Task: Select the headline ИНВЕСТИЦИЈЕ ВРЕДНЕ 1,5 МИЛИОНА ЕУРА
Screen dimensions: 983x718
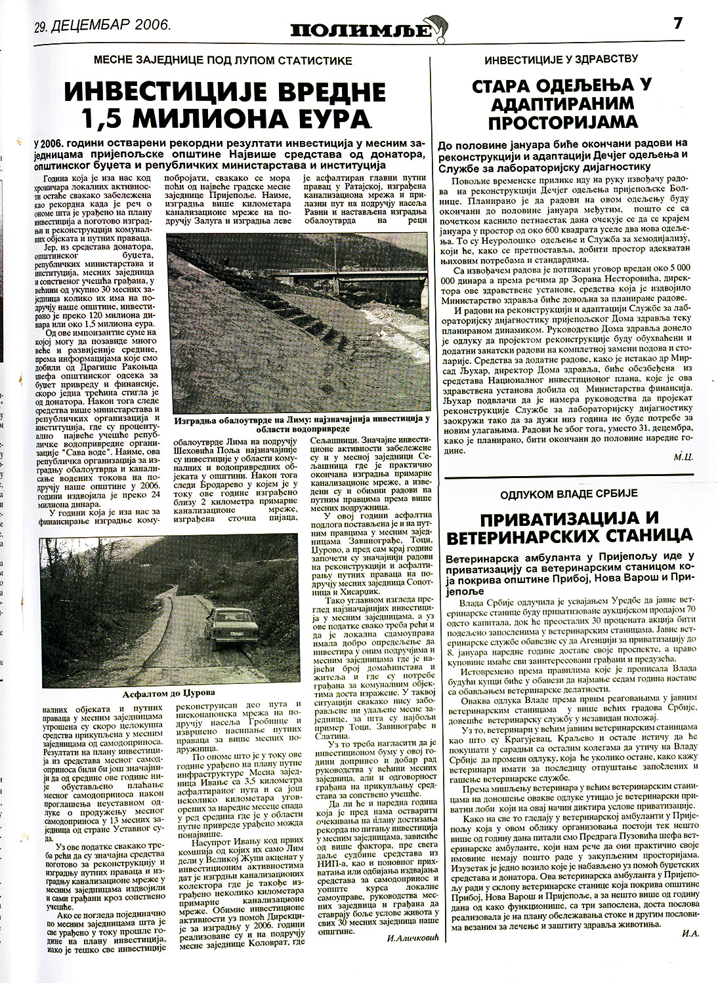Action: pos(223,105)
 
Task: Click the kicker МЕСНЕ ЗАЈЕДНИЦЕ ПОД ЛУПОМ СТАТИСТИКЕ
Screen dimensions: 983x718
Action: pos(223,60)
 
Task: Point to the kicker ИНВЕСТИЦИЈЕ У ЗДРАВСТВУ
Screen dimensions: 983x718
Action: pos(561,60)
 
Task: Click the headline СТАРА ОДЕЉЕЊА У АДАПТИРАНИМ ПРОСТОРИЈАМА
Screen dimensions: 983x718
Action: pos(562,103)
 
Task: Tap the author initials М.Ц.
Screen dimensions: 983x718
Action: pos(679,454)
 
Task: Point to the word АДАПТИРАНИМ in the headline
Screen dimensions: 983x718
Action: pos(562,103)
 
